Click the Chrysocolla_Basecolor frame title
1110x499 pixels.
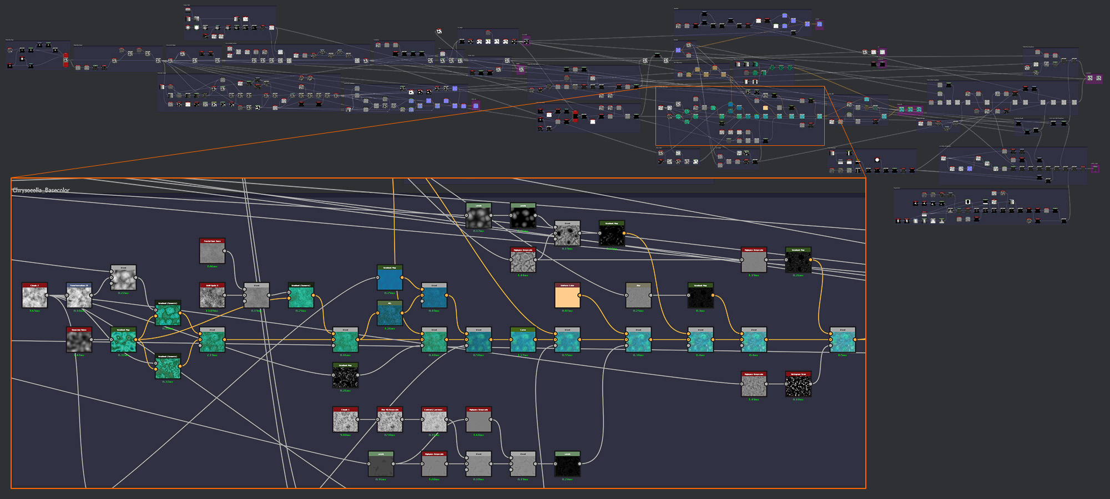41,190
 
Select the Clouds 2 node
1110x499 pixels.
34,296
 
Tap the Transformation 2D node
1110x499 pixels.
79,296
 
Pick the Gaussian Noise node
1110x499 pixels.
79,340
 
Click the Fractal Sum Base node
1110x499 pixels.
212,251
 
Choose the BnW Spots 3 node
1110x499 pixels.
212,296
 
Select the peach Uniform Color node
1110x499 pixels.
567,296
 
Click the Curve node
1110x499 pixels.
523,340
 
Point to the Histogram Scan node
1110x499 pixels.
798,384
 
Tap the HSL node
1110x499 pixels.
390,313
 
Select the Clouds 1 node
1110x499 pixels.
345,420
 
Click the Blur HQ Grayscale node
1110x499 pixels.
390,420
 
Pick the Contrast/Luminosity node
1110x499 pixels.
434,420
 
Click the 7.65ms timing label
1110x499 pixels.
34,311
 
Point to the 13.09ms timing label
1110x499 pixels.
212,311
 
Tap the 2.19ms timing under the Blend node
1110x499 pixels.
212,355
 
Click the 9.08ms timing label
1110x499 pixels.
345,435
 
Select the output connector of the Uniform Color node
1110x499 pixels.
580,296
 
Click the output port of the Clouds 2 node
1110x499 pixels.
47,296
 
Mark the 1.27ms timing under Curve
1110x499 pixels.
523,355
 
